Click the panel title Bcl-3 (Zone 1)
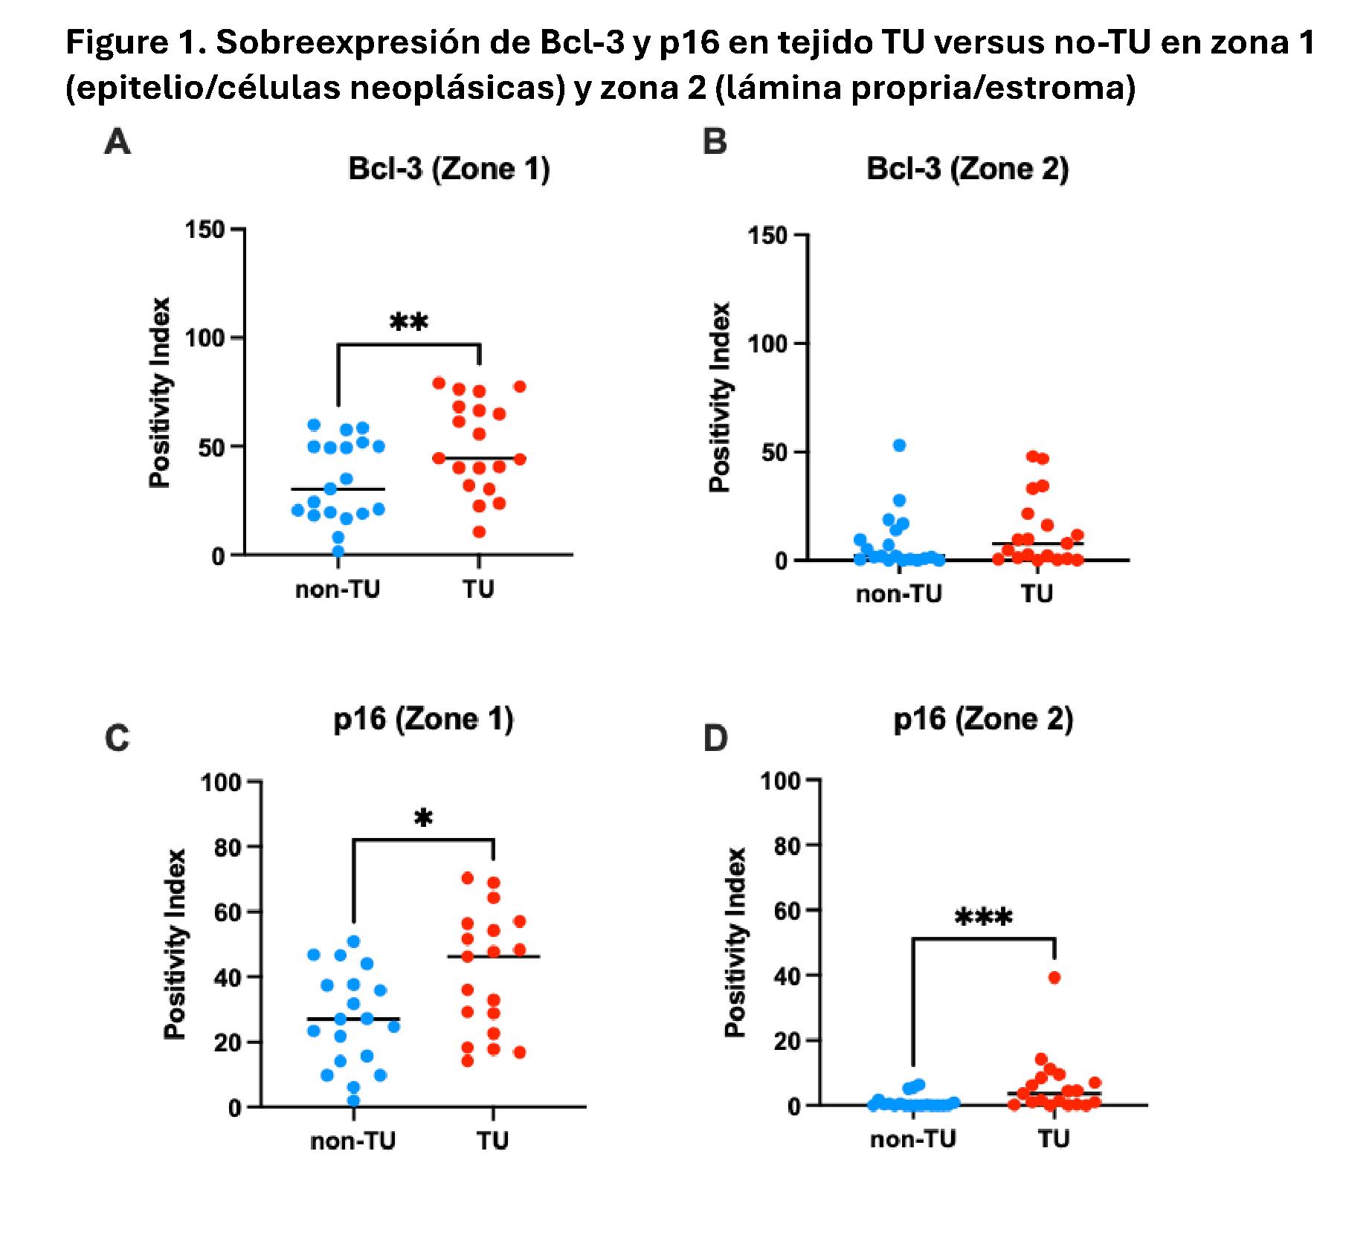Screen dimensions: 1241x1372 click(x=449, y=169)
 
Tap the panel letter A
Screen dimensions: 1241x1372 click(x=117, y=141)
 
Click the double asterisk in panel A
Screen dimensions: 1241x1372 click(x=409, y=323)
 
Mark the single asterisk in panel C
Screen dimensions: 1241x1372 click(x=423, y=819)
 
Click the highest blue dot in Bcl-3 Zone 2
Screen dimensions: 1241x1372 click(x=899, y=445)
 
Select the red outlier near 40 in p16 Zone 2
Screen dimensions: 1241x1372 click(x=1054, y=978)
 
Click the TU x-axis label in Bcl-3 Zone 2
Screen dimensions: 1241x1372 click(x=1037, y=593)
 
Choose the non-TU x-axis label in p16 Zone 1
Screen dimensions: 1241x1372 click(x=352, y=1141)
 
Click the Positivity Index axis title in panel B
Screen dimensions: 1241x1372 click(x=719, y=397)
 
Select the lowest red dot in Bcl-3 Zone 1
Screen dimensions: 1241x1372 click(x=480, y=532)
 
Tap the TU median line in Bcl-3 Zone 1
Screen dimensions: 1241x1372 click(x=480, y=458)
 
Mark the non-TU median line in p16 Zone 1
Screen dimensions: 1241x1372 click(x=352, y=1019)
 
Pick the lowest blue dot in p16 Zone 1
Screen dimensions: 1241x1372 click(x=354, y=1101)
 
